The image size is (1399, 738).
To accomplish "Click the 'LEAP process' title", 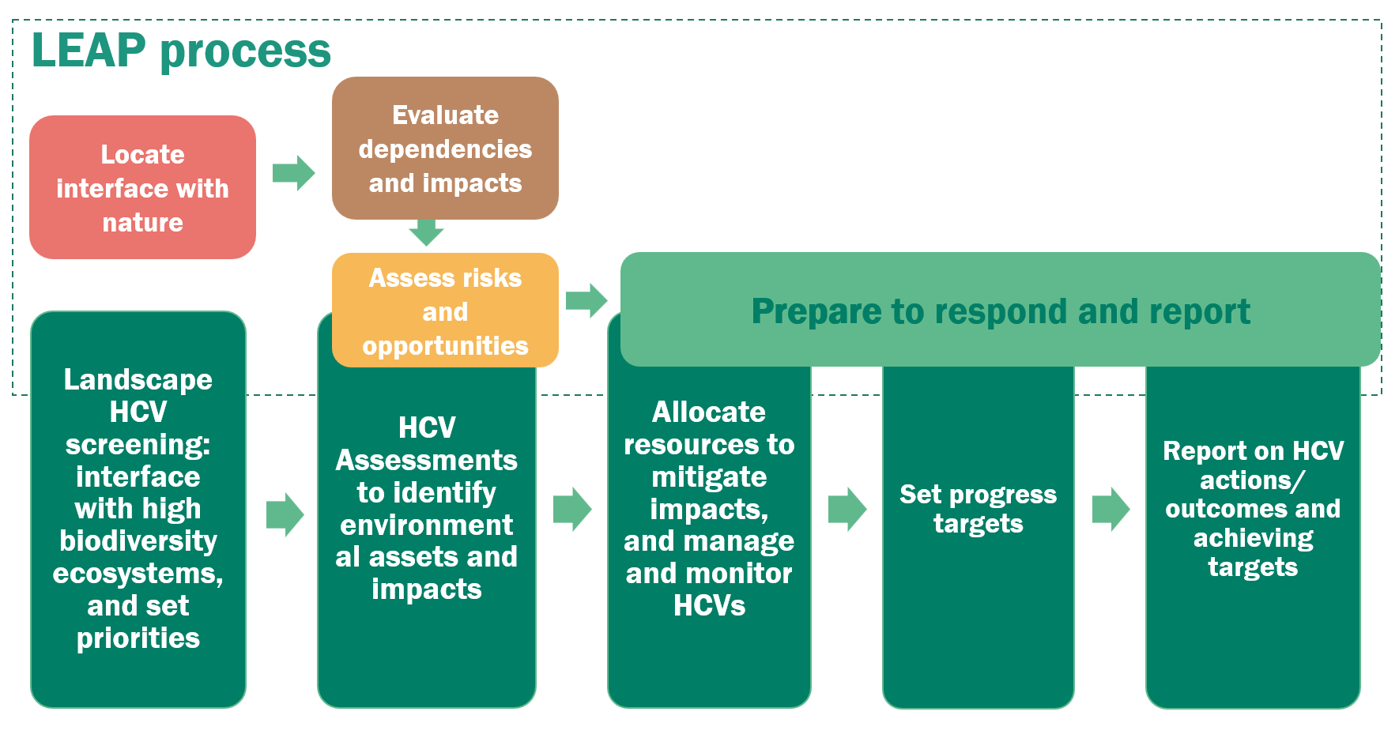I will (x=181, y=51).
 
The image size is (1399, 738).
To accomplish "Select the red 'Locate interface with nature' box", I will (x=142, y=188).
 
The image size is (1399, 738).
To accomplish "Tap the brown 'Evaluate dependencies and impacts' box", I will (x=445, y=149).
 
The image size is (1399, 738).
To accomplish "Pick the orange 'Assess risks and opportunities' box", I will (x=445, y=311).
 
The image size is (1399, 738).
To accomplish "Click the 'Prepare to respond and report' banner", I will (x=1000, y=311).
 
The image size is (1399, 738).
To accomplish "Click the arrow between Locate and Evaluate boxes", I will (x=293, y=173).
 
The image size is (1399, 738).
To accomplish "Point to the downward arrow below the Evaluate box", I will (x=426, y=232).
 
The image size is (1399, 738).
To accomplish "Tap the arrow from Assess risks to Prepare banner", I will (x=586, y=300).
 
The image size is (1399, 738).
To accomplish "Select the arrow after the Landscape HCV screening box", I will (x=285, y=515).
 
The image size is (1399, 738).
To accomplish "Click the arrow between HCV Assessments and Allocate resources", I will (x=572, y=509).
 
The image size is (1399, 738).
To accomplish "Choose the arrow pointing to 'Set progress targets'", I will (x=847, y=509).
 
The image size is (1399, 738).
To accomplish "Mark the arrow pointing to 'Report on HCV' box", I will (x=1111, y=509).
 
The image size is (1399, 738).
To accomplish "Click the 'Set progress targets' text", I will (x=978, y=509).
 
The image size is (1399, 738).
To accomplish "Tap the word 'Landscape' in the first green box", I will (x=138, y=380).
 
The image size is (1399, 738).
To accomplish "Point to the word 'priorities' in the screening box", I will (x=138, y=638).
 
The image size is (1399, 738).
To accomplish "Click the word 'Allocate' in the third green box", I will (x=709, y=412).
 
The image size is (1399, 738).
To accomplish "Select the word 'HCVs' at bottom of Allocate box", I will (x=709, y=606).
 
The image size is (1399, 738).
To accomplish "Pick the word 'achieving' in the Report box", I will (x=1253, y=539).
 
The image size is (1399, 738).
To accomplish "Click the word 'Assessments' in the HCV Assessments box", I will (x=426, y=461).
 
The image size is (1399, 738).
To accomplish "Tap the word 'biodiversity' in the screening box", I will (x=138, y=541).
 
